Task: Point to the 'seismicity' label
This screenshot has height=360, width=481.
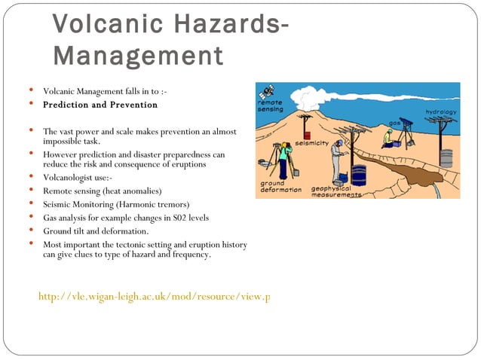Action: click(311, 142)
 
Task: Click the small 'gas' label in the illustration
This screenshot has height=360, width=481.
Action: click(394, 124)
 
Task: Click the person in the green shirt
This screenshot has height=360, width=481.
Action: click(283, 159)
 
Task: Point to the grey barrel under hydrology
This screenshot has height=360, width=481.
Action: click(446, 158)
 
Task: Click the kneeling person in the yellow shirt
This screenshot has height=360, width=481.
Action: click(388, 138)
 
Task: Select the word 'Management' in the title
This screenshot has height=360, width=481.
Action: click(139, 56)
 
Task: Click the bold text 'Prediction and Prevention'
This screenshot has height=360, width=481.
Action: click(100, 105)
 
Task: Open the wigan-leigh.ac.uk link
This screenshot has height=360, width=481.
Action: click(154, 297)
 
